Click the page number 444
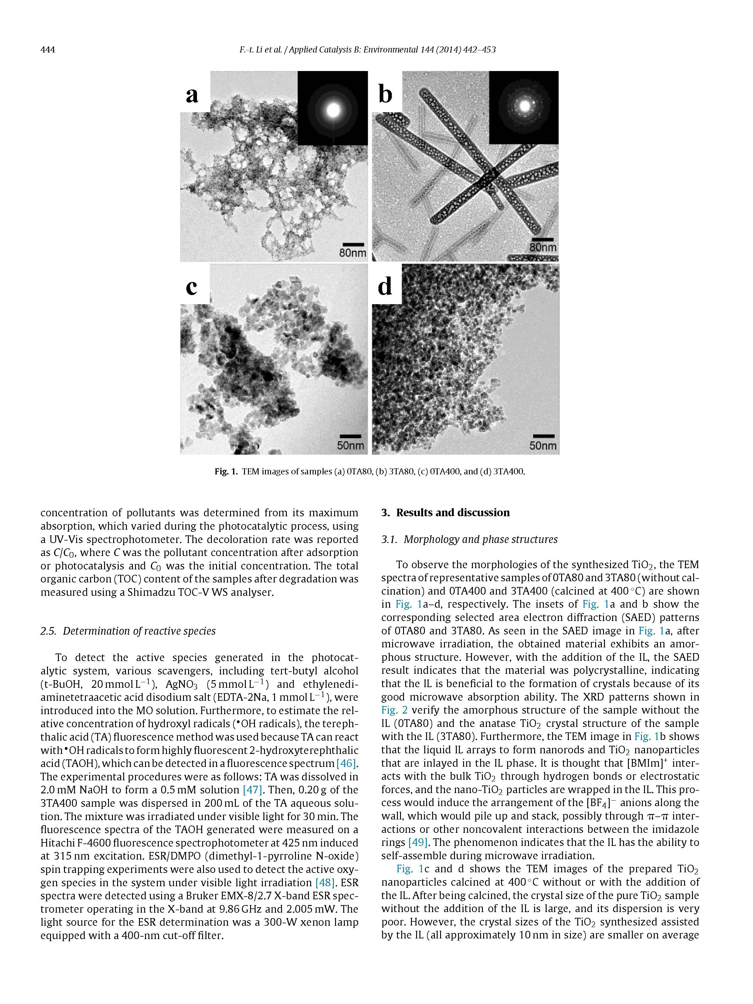pyautogui.click(x=48, y=49)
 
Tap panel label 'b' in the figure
pyautogui.click(x=385, y=94)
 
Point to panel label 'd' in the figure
pyautogui.click(x=385, y=287)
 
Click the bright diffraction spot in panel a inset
pyautogui.click(x=333, y=109)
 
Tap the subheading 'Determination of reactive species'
pyautogui.click(x=139, y=631)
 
